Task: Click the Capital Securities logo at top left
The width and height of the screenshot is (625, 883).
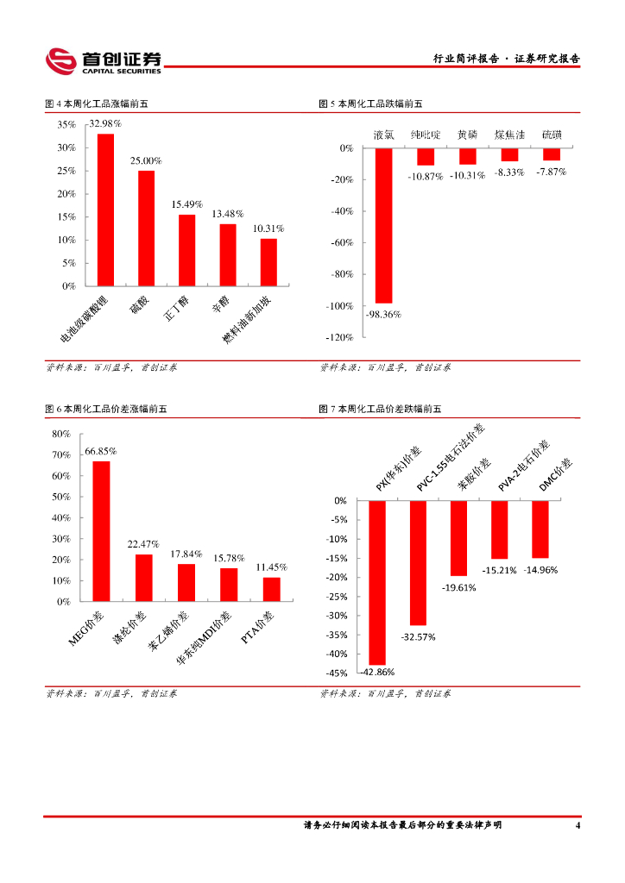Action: [104, 60]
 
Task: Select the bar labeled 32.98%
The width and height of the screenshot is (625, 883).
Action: [105, 210]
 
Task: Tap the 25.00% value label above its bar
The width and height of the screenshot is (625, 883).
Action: [146, 160]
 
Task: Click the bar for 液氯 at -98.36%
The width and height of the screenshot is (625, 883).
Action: [383, 226]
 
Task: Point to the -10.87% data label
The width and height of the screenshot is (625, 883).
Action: [426, 176]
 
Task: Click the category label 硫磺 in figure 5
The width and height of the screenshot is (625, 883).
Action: [551, 135]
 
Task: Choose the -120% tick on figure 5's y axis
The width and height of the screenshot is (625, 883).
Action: [342, 337]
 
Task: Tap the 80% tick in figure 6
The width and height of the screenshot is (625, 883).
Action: [61, 434]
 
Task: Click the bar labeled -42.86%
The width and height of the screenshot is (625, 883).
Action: [377, 582]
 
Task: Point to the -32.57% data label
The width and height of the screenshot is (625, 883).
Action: [419, 637]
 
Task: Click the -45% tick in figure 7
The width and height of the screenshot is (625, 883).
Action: [337, 673]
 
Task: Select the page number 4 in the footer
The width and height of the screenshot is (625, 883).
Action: [577, 826]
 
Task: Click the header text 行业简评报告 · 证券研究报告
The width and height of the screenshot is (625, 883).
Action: [506, 59]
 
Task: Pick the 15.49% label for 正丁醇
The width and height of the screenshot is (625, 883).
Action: [186, 204]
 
